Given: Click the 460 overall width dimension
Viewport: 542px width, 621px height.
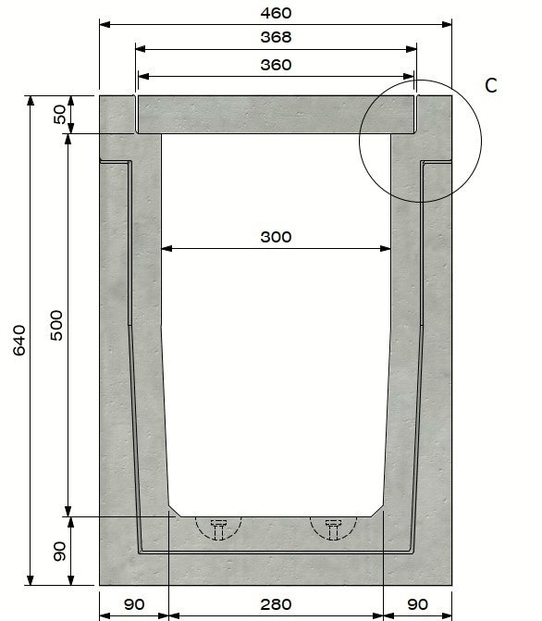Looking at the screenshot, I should (276, 13).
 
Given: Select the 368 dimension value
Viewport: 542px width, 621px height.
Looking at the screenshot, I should (276, 38).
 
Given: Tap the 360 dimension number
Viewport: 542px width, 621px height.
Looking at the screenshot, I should (276, 65).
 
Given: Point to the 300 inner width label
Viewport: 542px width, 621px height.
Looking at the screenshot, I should (276, 237).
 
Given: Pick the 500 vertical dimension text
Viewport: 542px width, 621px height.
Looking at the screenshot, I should (56, 325).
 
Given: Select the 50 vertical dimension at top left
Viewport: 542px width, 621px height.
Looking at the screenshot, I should (60, 115).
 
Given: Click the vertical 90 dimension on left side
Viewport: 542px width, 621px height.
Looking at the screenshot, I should (60, 552).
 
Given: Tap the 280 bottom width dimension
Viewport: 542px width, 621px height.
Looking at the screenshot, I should (276, 604).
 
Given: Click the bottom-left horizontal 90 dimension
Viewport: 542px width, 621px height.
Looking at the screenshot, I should (134, 604).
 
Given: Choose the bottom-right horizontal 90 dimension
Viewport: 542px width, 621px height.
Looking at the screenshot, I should (418, 604).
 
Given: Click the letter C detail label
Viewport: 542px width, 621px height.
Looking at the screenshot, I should (491, 85).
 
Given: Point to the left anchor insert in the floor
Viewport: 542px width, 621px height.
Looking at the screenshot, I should (219, 528).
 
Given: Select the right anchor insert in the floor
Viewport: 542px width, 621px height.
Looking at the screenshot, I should (333, 528).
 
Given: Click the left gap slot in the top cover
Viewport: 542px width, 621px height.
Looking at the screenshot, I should (136, 112).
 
